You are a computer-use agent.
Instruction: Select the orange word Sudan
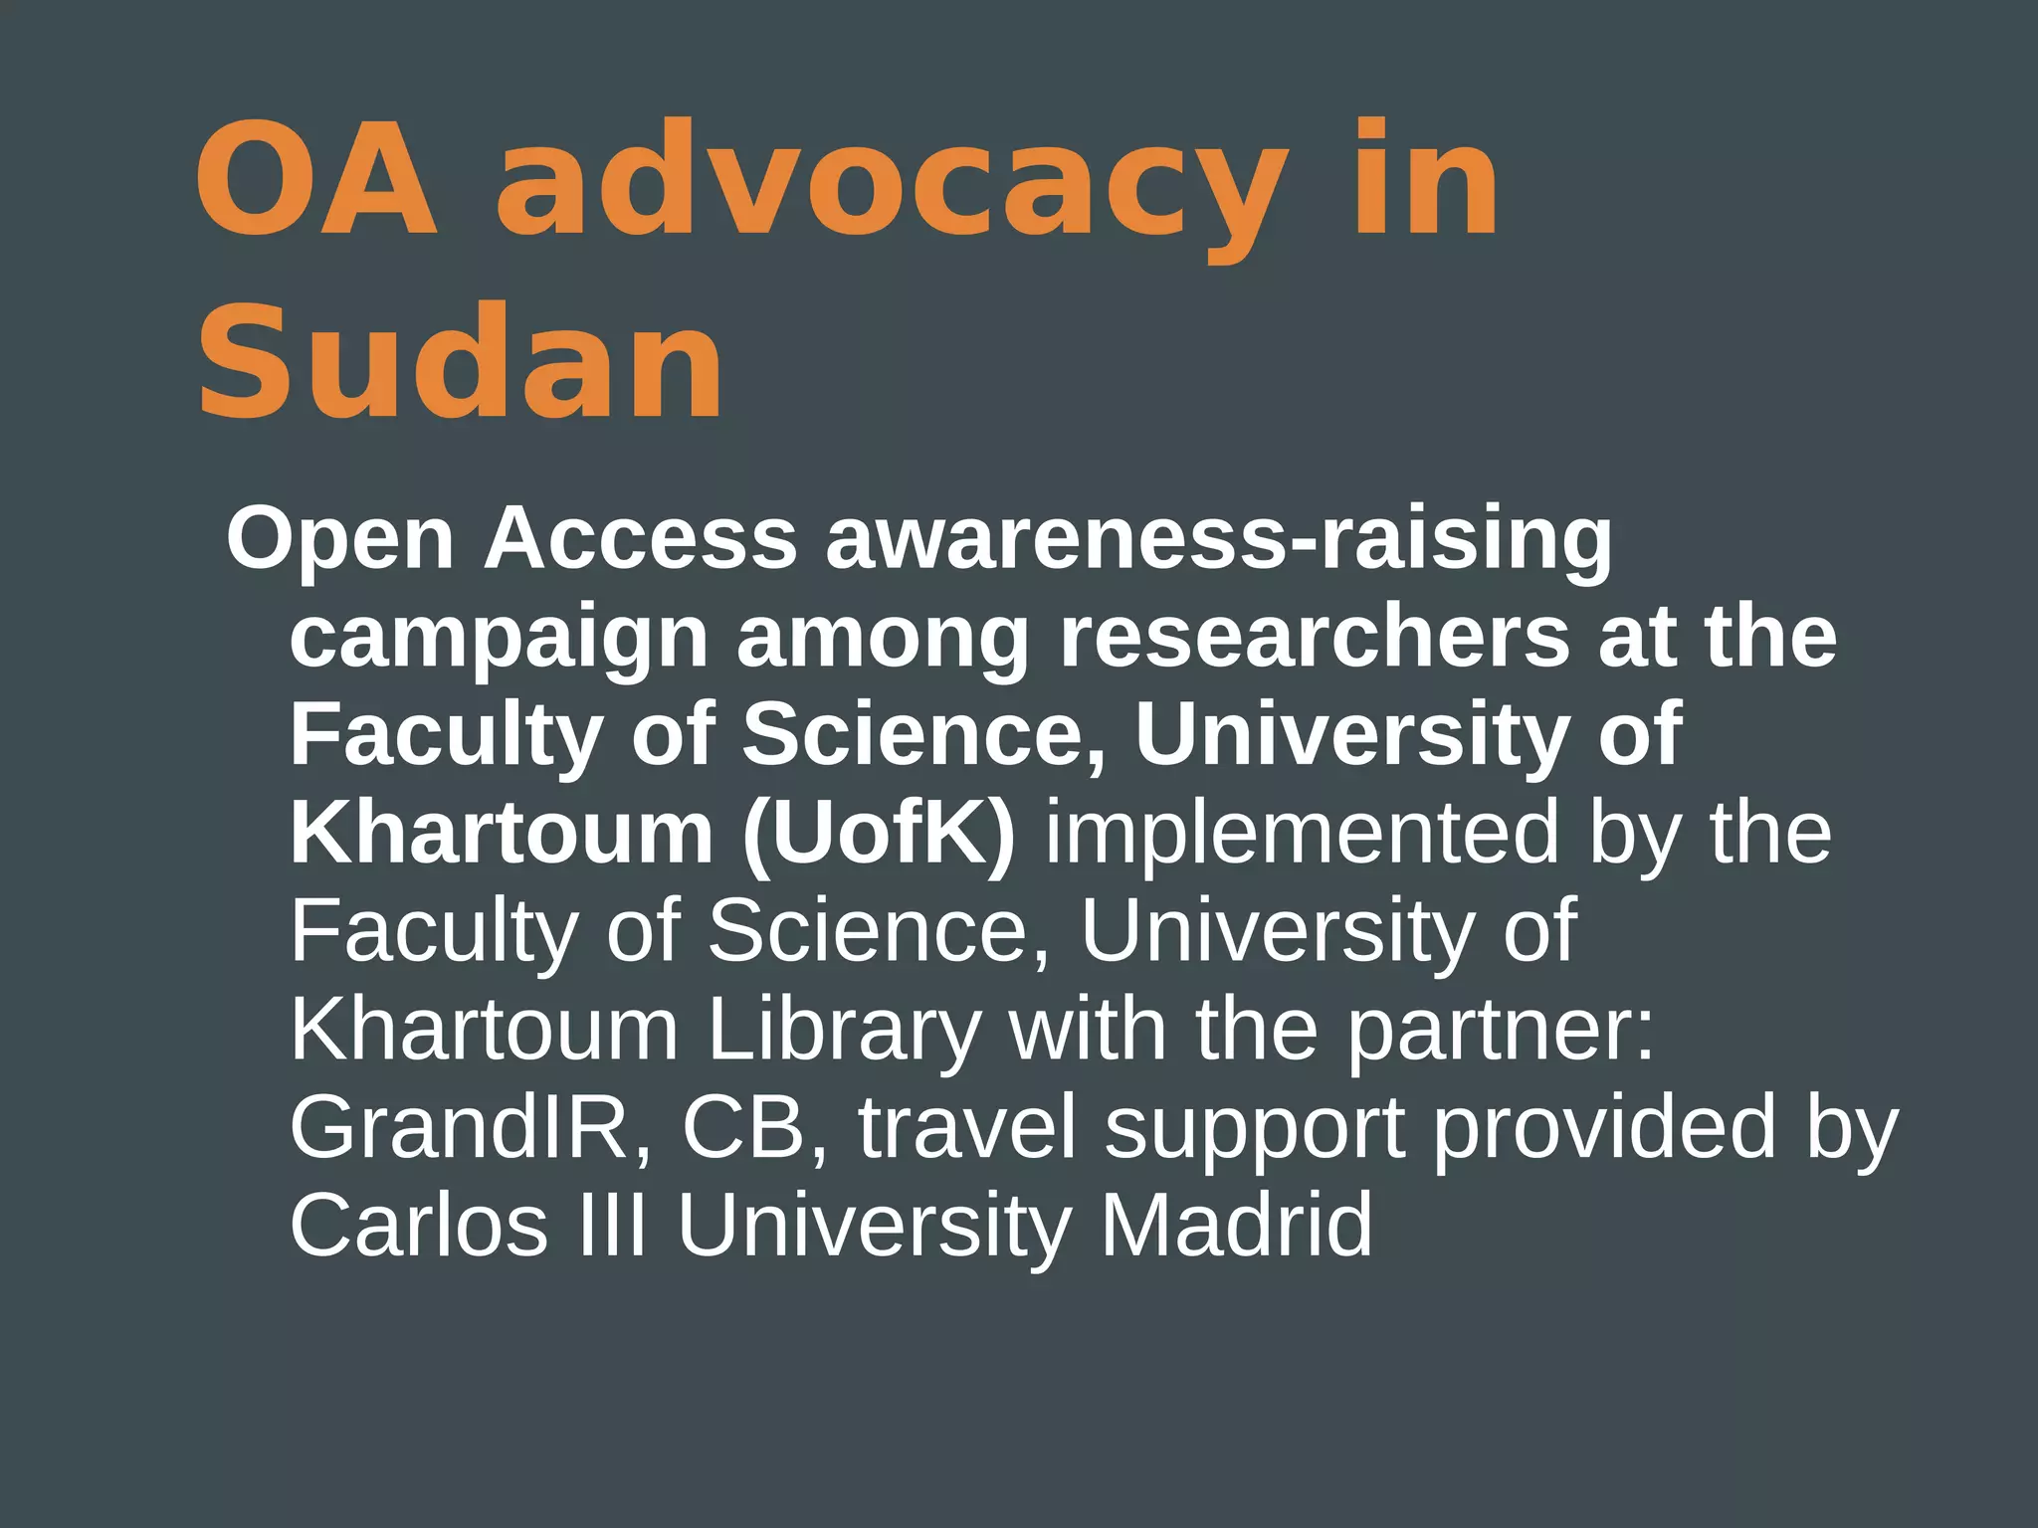click(x=460, y=362)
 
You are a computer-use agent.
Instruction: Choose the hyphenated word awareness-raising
click(x=1218, y=540)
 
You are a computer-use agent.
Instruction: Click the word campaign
click(x=499, y=639)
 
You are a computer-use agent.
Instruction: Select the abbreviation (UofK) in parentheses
click(x=879, y=833)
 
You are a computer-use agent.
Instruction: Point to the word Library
click(x=844, y=1031)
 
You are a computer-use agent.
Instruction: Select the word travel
click(x=968, y=1127)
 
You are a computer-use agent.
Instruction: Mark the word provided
click(x=1604, y=1127)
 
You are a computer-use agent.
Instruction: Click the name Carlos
click(x=419, y=1225)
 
